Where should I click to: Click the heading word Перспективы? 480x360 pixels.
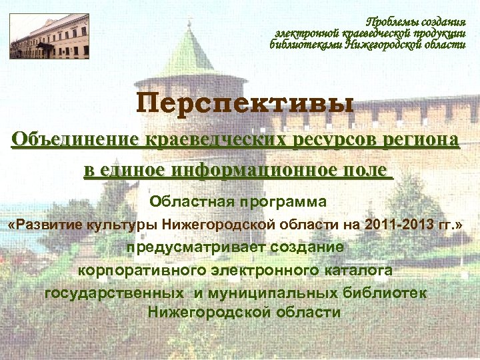coord(245,104)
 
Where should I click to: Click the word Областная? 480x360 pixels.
coord(183,201)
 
